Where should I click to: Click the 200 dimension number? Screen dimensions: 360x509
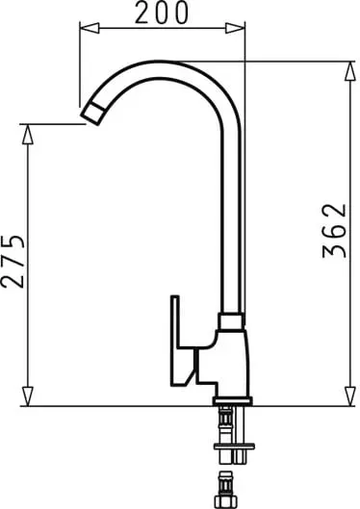162,13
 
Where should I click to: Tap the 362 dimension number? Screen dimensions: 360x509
335,231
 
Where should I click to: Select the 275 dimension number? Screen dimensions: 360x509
13,261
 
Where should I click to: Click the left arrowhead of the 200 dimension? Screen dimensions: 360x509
90,28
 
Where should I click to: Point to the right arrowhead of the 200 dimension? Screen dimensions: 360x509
235,28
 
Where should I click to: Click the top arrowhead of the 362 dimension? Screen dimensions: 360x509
350,71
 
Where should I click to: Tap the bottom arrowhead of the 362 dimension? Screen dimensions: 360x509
350,396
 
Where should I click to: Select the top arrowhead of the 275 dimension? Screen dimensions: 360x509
28,134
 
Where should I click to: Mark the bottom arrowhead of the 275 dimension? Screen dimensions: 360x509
28,396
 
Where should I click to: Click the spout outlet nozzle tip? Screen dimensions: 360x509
92,114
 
